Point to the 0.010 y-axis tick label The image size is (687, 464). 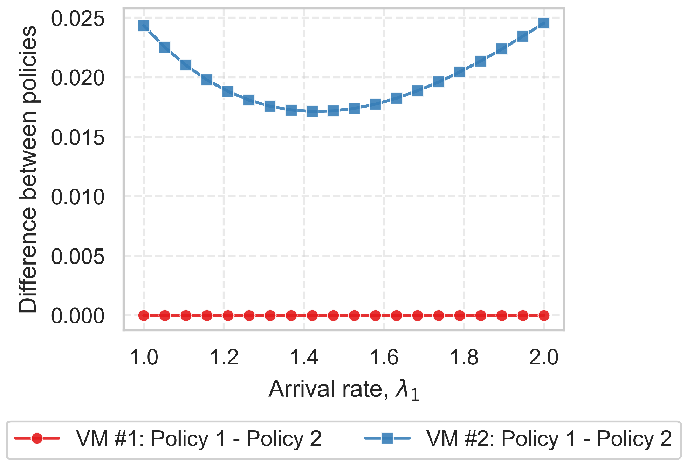(x=77, y=197)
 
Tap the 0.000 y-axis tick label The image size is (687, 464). (x=77, y=316)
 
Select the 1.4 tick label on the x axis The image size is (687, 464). (x=304, y=357)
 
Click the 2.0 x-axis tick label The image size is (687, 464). (x=543, y=357)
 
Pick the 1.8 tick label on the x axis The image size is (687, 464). (x=464, y=357)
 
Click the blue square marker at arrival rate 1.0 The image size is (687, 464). (x=144, y=26)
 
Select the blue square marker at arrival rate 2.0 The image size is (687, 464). (x=544, y=23)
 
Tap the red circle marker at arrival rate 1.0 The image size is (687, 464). (x=144, y=315)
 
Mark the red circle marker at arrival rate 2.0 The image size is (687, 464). (x=544, y=315)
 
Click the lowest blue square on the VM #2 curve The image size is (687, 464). (x=312, y=112)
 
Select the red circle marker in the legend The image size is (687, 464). (x=37, y=438)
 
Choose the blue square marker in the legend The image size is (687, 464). (x=387, y=438)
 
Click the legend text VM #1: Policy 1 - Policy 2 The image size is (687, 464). (x=199, y=438)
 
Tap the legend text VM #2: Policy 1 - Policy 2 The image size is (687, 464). (x=549, y=438)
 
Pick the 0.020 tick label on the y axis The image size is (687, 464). (x=77, y=78)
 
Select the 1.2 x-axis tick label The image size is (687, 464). (x=224, y=357)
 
